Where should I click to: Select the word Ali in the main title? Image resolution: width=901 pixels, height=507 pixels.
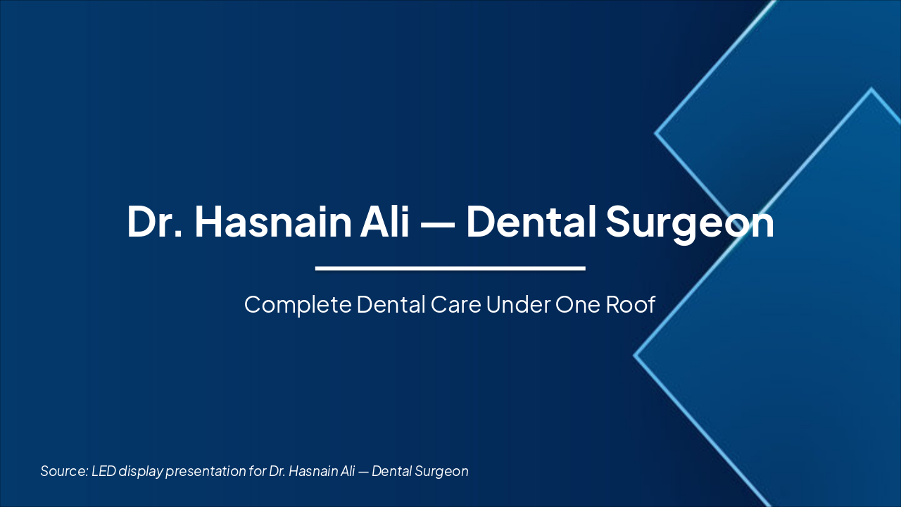(386, 221)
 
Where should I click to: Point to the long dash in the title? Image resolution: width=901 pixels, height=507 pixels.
(436, 223)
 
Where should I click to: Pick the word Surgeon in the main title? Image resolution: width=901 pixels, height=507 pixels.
(690, 223)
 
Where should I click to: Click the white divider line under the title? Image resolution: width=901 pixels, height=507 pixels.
(450, 268)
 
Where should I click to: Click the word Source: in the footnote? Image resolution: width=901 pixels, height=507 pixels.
(63, 471)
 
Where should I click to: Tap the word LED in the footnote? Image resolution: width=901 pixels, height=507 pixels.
(103, 471)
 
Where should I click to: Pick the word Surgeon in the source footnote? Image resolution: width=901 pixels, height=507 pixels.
(442, 472)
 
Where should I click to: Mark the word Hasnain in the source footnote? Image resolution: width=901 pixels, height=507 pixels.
(314, 471)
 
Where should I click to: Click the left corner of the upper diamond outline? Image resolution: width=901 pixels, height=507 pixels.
(656, 132)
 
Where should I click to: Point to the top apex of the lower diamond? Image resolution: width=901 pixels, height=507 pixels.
(871, 89)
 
